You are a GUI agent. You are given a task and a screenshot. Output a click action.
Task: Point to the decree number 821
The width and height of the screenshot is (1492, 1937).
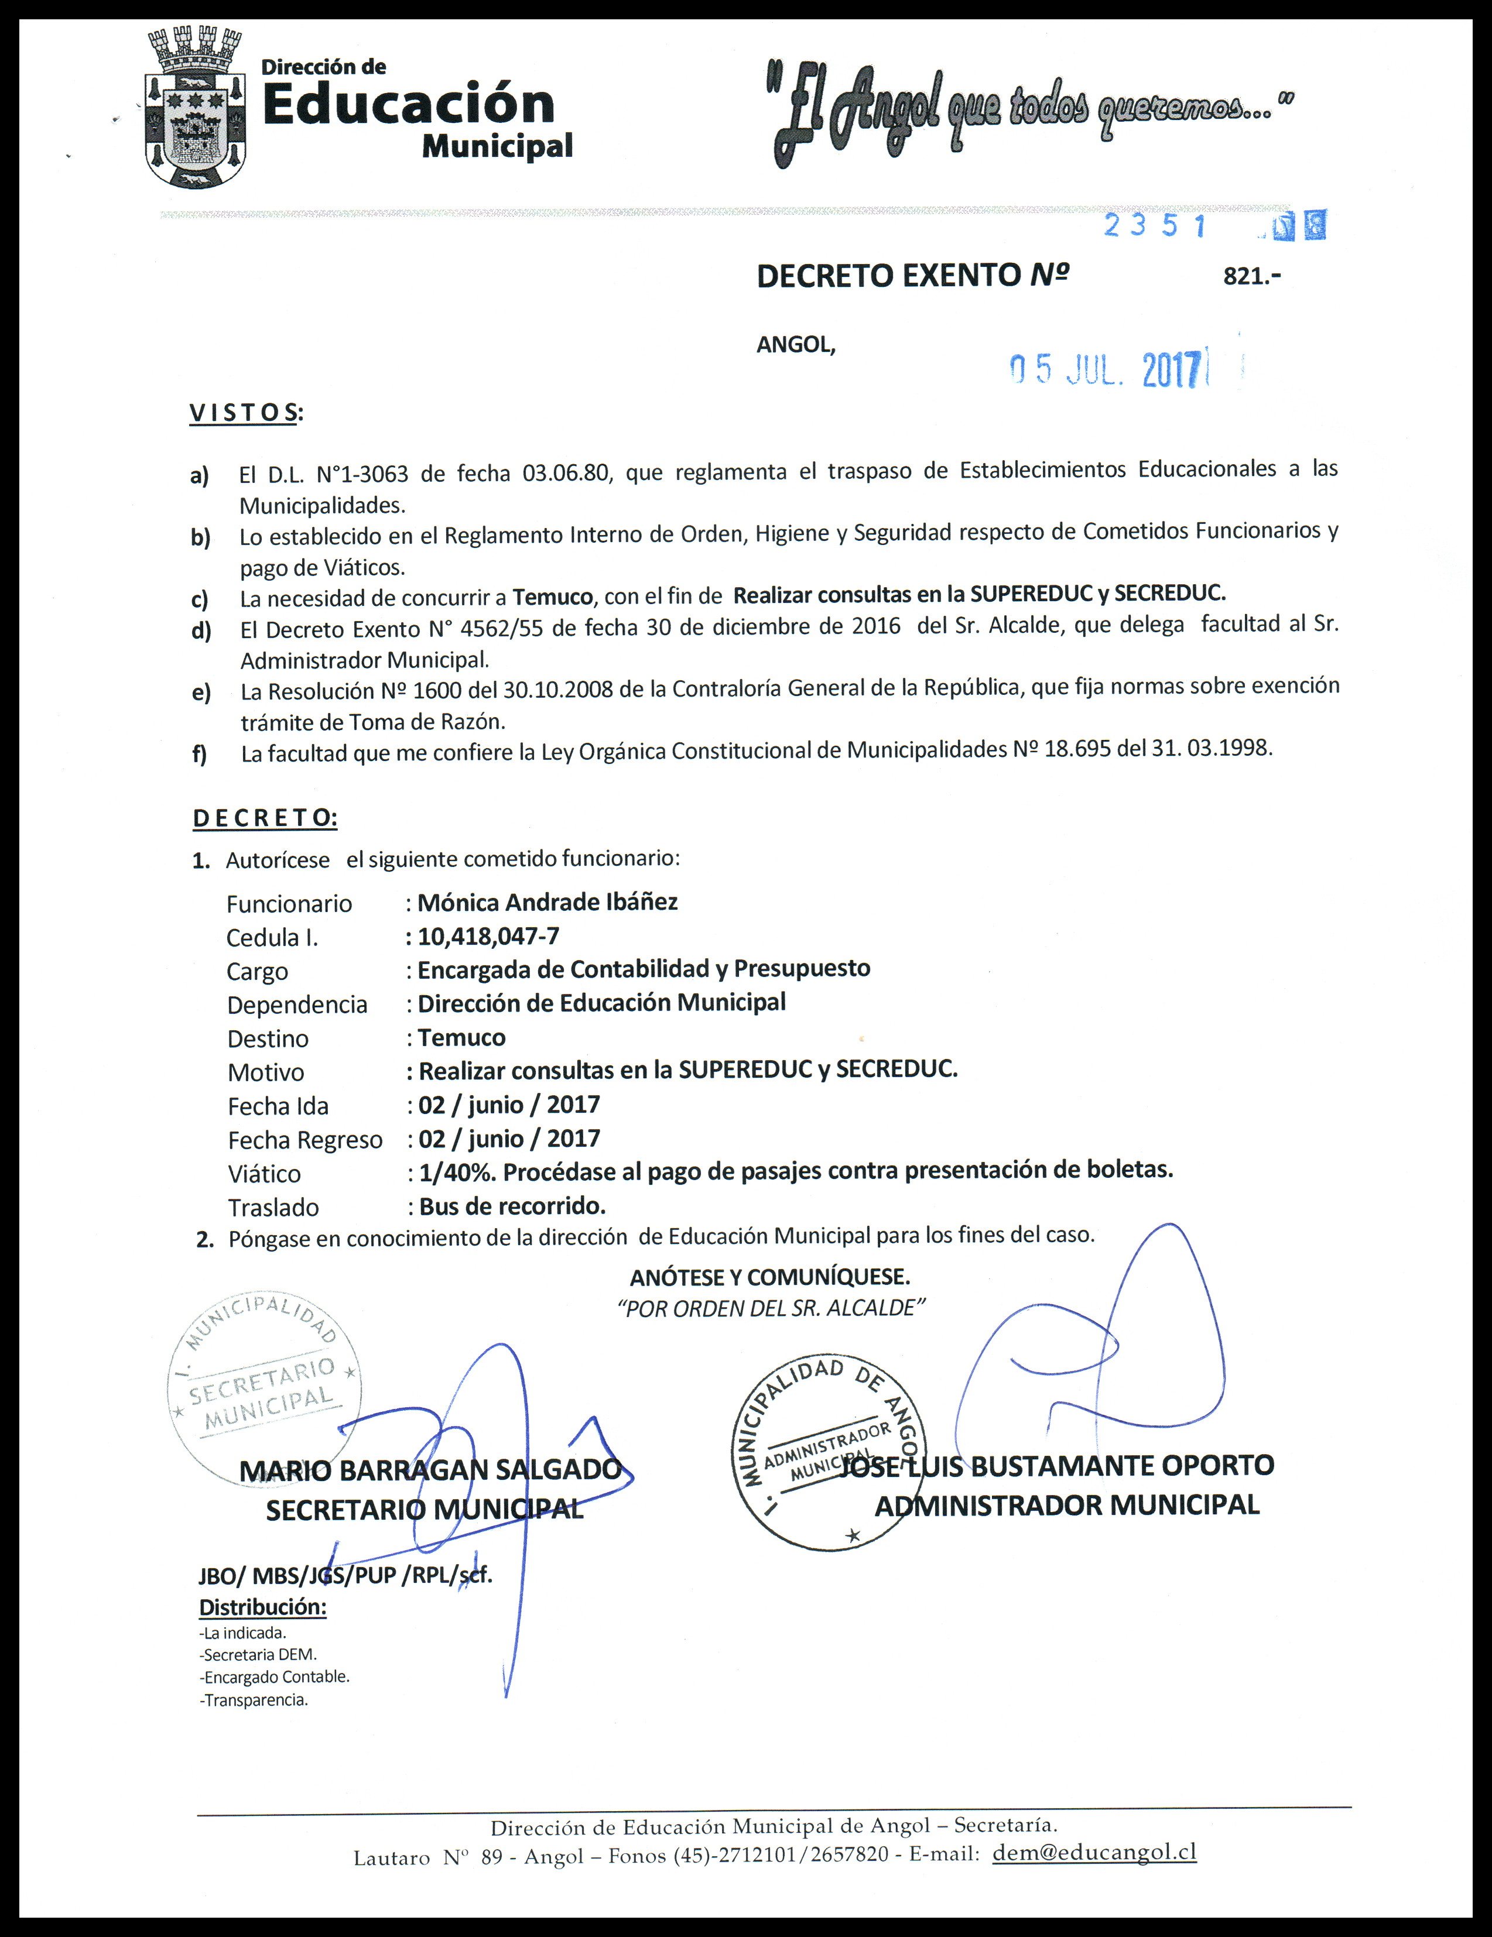click(x=1251, y=276)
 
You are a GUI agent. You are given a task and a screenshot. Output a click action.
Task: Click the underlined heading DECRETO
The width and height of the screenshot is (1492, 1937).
click(x=264, y=818)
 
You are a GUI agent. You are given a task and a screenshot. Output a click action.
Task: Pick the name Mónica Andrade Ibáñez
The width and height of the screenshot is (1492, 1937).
click(x=547, y=902)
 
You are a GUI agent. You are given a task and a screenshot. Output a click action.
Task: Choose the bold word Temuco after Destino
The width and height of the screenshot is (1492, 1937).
click(x=461, y=1037)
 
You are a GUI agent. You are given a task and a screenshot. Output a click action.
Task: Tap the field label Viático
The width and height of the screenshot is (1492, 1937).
click(x=264, y=1173)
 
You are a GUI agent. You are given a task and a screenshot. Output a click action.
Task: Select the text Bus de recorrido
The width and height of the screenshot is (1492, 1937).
click(x=512, y=1206)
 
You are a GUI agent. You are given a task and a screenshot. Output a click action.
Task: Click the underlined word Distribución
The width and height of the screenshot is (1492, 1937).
click(x=262, y=1606)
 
